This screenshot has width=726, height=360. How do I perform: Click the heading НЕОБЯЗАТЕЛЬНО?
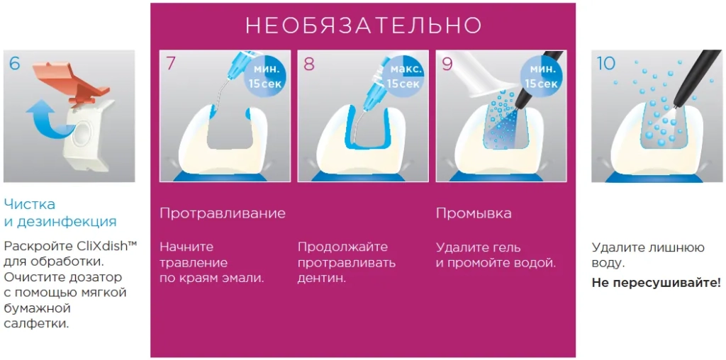tap(363, 26)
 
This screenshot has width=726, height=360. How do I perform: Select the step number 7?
tap(170, 63)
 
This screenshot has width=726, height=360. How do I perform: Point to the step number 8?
tap(308, 63)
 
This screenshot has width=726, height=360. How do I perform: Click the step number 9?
tap(447, 63)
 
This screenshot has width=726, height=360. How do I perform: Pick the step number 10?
tap(606, 63)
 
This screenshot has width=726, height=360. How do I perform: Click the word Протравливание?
tap(222, 213)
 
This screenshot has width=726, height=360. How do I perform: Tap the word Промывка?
tap(473, 213)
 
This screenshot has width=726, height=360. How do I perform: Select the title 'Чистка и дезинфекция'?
tap(60, 213)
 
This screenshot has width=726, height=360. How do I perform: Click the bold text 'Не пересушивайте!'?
tap(656, 283)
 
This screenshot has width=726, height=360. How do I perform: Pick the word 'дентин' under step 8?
tap(320, 279)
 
